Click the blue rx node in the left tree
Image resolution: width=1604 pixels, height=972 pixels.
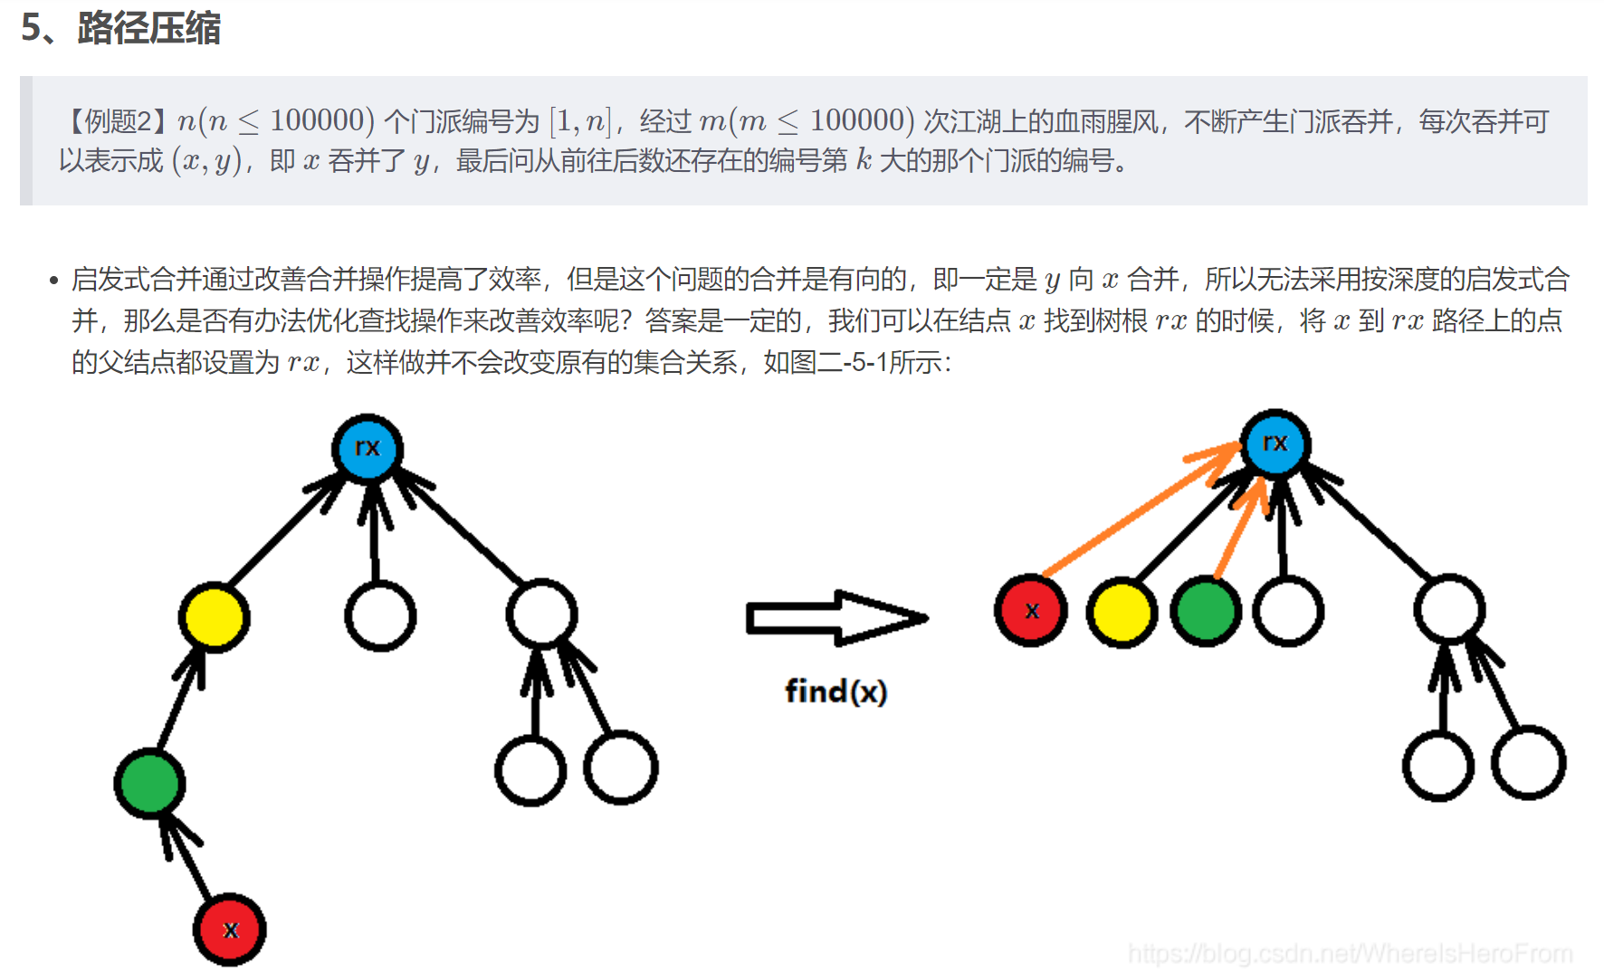pyautogui.click(x=367, y=448)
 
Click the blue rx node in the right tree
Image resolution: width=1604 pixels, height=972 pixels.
pyautogui.click(x=1275, y=443)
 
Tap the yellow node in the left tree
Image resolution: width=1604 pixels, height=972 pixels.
pyautogui.click(x=214, y=617)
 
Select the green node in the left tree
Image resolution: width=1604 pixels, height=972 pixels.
pyautogui.click(x=149, y=783)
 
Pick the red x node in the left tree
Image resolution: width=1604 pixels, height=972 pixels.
pyautogui.click(x=230, y=929)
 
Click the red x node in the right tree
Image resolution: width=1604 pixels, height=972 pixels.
pyautogui.click(x=1031, y=611)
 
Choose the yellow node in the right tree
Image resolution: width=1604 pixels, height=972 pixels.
pyautogui.click(x=1122, y=613)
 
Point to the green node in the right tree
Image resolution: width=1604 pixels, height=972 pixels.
pyautogui.click(x=1206, y=611)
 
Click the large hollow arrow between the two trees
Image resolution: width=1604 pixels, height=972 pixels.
pyautogui.click(x=835, y=618)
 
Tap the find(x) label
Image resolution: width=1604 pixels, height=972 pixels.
pyautogui.click(x=835, y=692)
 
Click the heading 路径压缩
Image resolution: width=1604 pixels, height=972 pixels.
pyautogui.click(x=148, y=28)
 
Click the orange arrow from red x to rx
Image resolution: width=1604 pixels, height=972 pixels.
pyautogui.click(x=1141, y=511)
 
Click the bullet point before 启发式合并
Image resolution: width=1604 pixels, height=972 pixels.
pyautogui.click(x=54, y=281)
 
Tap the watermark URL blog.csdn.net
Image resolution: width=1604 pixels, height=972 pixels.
pyautogui.click(x=1349, y=953)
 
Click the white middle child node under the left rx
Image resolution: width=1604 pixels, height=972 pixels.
pyautogui.click(x=380, y=616)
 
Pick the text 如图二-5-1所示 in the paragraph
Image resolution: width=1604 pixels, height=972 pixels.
pyautogui.click(x=855, y=363)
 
